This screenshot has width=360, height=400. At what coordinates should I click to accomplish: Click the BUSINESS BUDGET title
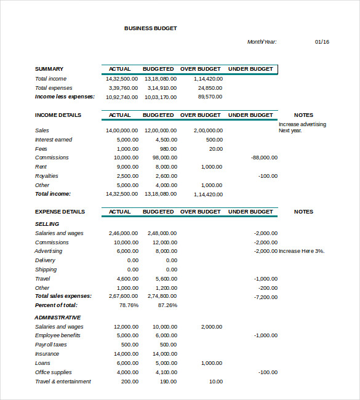pos(151,28)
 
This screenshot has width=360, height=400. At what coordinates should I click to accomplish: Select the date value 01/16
pos(322,42)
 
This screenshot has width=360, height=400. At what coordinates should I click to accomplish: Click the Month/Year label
pos(262,42)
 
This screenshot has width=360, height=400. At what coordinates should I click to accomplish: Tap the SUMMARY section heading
pos(49,69)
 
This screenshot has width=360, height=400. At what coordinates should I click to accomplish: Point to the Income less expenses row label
pos(65,97)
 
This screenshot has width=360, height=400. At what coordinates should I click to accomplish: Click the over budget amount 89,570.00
pos(210,97)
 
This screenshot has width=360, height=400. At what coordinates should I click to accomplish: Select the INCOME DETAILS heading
pos(58,115)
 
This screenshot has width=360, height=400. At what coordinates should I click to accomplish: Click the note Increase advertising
pos(302,124)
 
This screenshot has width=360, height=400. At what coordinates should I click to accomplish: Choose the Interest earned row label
pos(54,140)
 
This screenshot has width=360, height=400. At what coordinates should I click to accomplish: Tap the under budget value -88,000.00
pos(265,158)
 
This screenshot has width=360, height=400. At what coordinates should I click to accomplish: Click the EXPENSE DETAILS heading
pos(60,212)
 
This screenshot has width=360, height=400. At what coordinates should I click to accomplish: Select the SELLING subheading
pos(47,224)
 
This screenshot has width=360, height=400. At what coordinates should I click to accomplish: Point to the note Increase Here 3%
pos(302,251)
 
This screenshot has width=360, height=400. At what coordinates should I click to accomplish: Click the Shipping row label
pos(46,270)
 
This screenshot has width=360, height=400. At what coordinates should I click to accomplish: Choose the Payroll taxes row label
pos(51,345)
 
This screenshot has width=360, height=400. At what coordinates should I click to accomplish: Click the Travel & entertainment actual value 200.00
pos(130,382)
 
